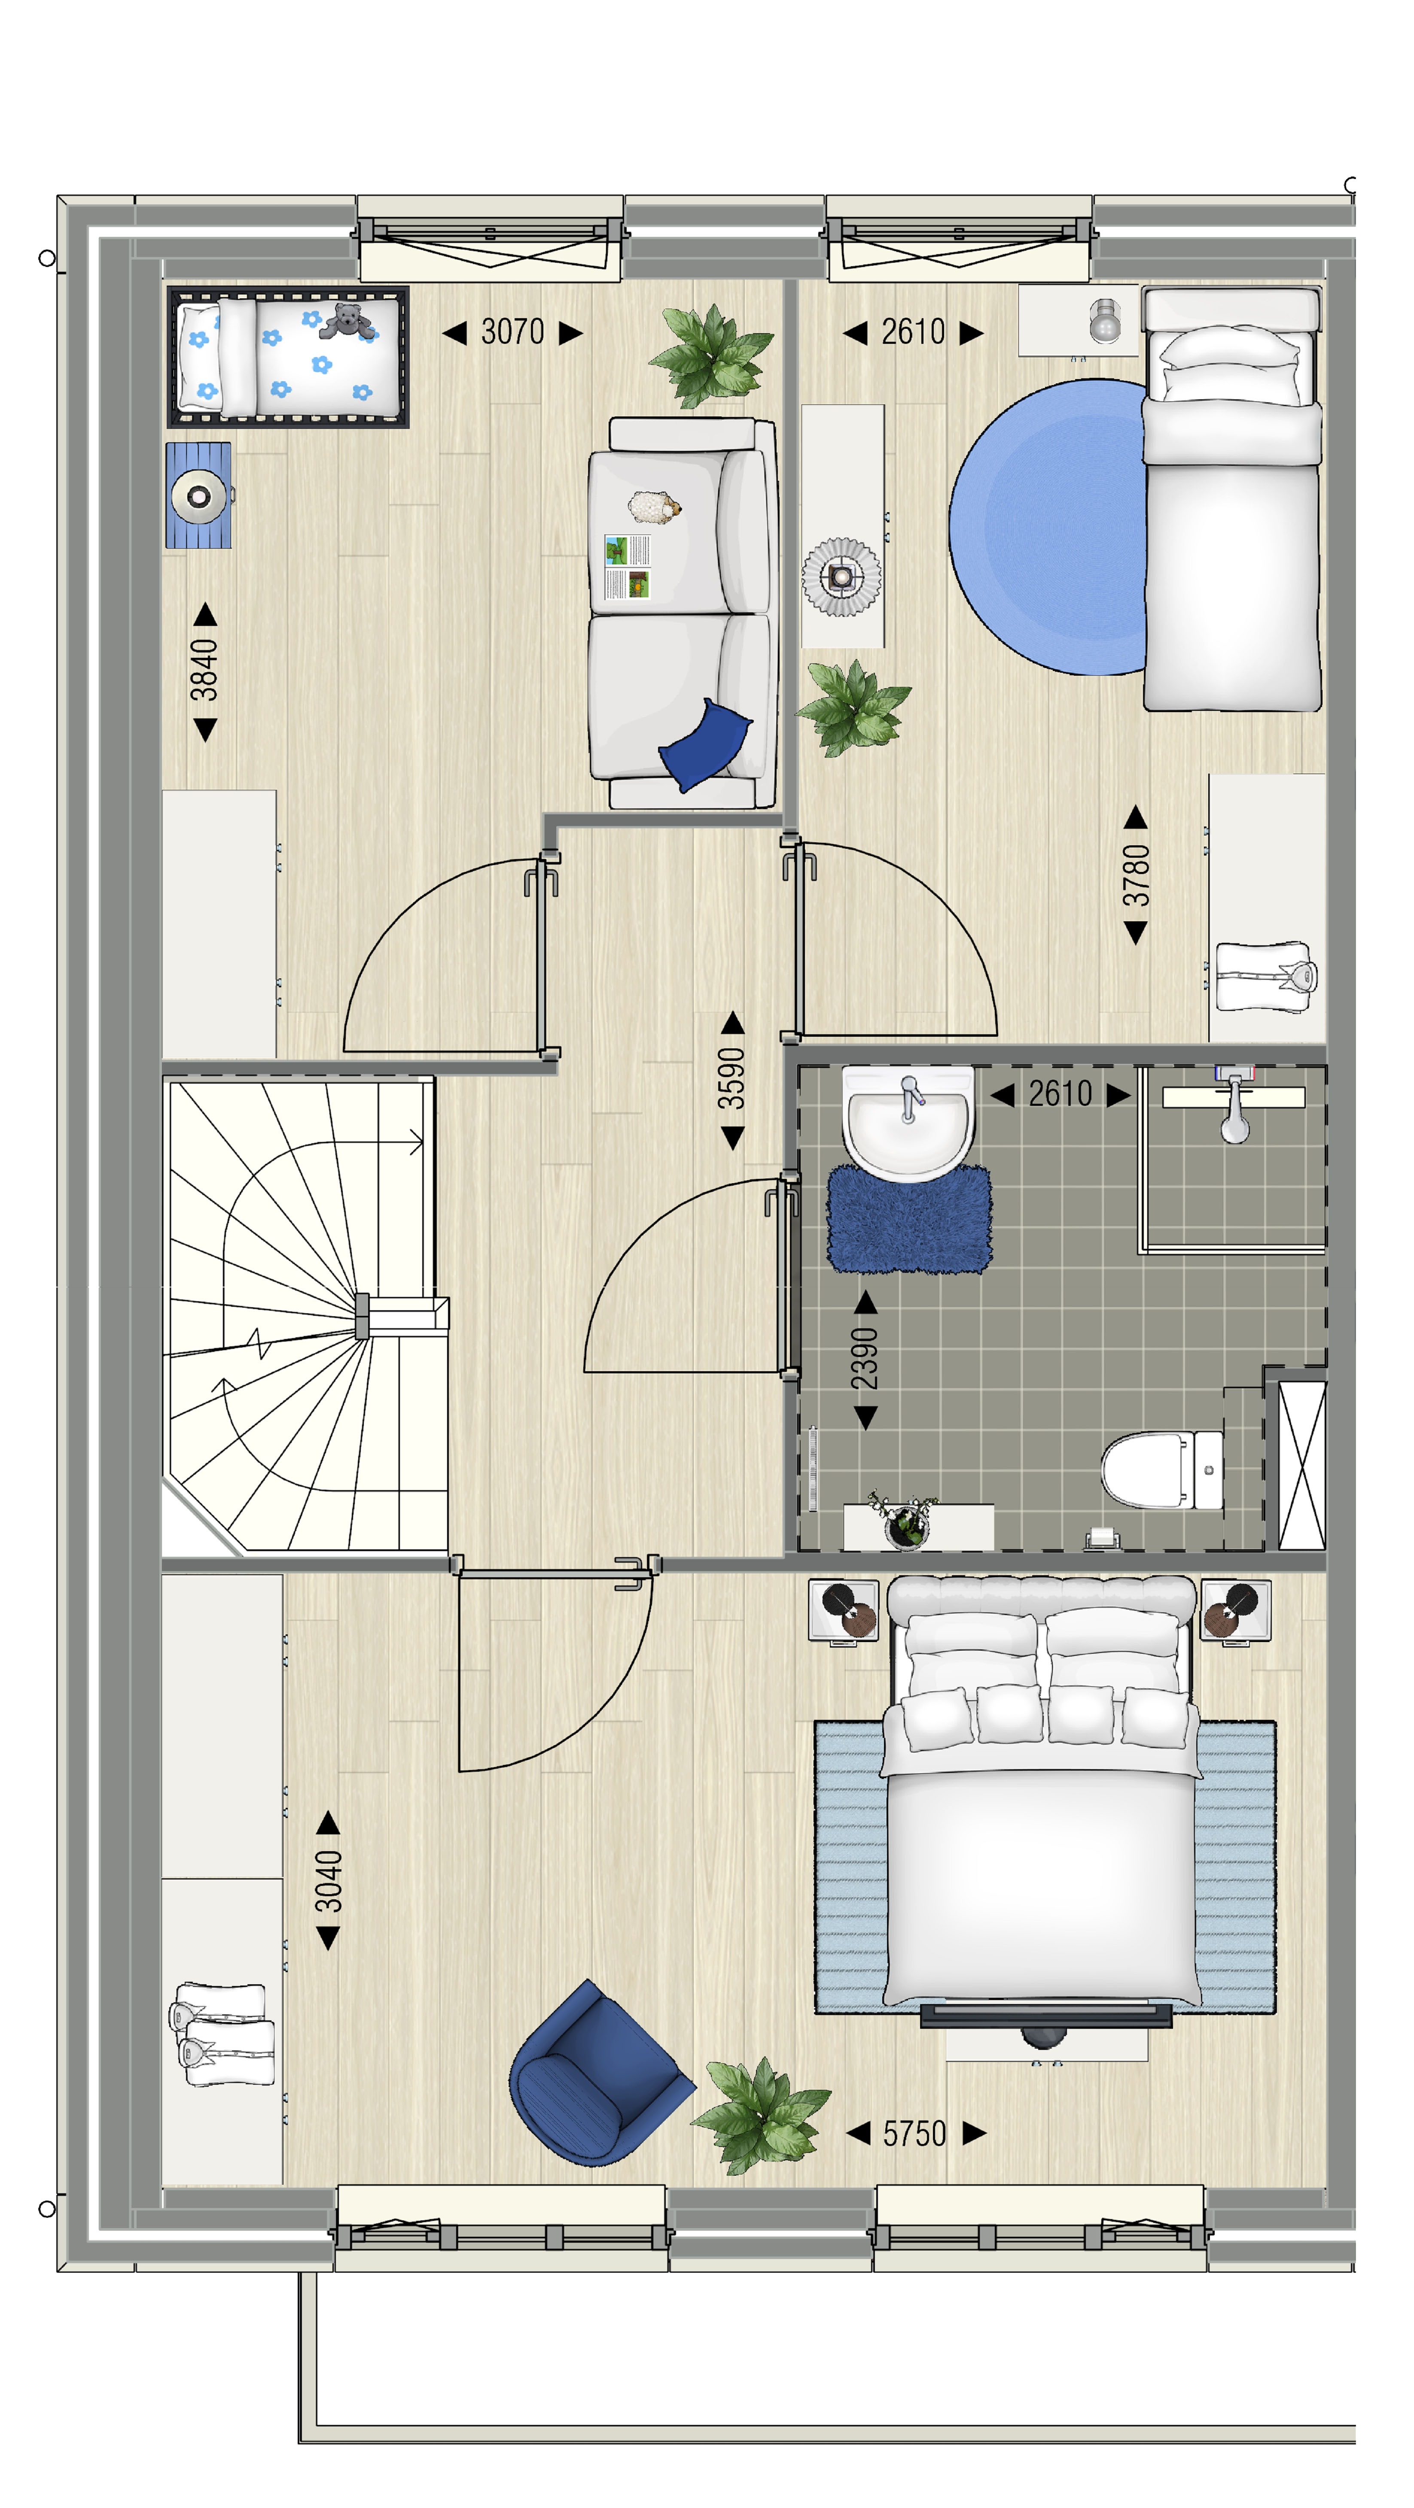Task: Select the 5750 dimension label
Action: coord(914,2133)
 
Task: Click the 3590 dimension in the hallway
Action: coord(731,1079)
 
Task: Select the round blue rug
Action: coord(1050,527)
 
